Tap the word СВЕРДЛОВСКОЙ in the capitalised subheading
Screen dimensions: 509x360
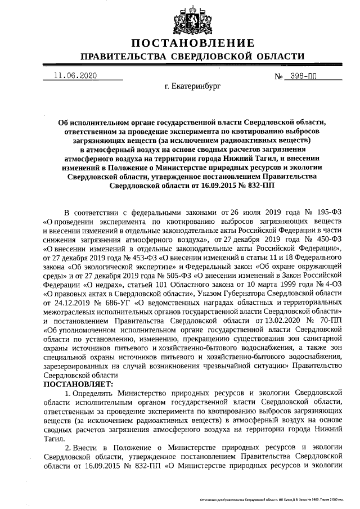point(215,57)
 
